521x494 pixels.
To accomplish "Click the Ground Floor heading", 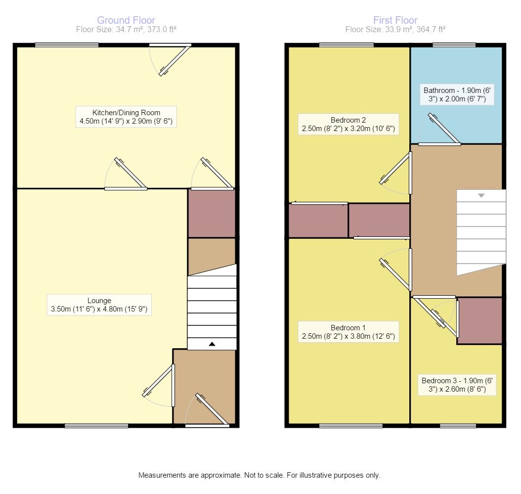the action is click(x=126, y=20).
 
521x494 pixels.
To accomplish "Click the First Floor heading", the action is click(x=395, y=20).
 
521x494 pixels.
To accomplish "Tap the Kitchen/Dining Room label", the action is click(x=127, y=117).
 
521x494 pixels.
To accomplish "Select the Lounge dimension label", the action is click(x=99, y=305).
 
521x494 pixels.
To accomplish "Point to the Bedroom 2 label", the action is click(x=348, y=124).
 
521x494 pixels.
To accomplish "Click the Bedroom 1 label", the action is click(x=348, y=332).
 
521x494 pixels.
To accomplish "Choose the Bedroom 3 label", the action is click(x=458, y=385).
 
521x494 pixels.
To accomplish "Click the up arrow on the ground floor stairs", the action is click(x=212, y=344).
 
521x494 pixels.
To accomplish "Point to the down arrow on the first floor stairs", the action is click(x=481, y=196).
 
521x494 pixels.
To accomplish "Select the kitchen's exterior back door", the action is click(x=173, y=59).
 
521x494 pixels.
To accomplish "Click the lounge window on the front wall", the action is click(x=96, y=426).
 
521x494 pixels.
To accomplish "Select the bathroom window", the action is click(x=454, y=45).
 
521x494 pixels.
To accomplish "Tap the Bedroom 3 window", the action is click(x=458, y=426).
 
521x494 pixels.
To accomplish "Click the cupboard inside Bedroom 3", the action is click(x=479, y=320).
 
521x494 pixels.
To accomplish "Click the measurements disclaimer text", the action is click(x=259, y=475).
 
